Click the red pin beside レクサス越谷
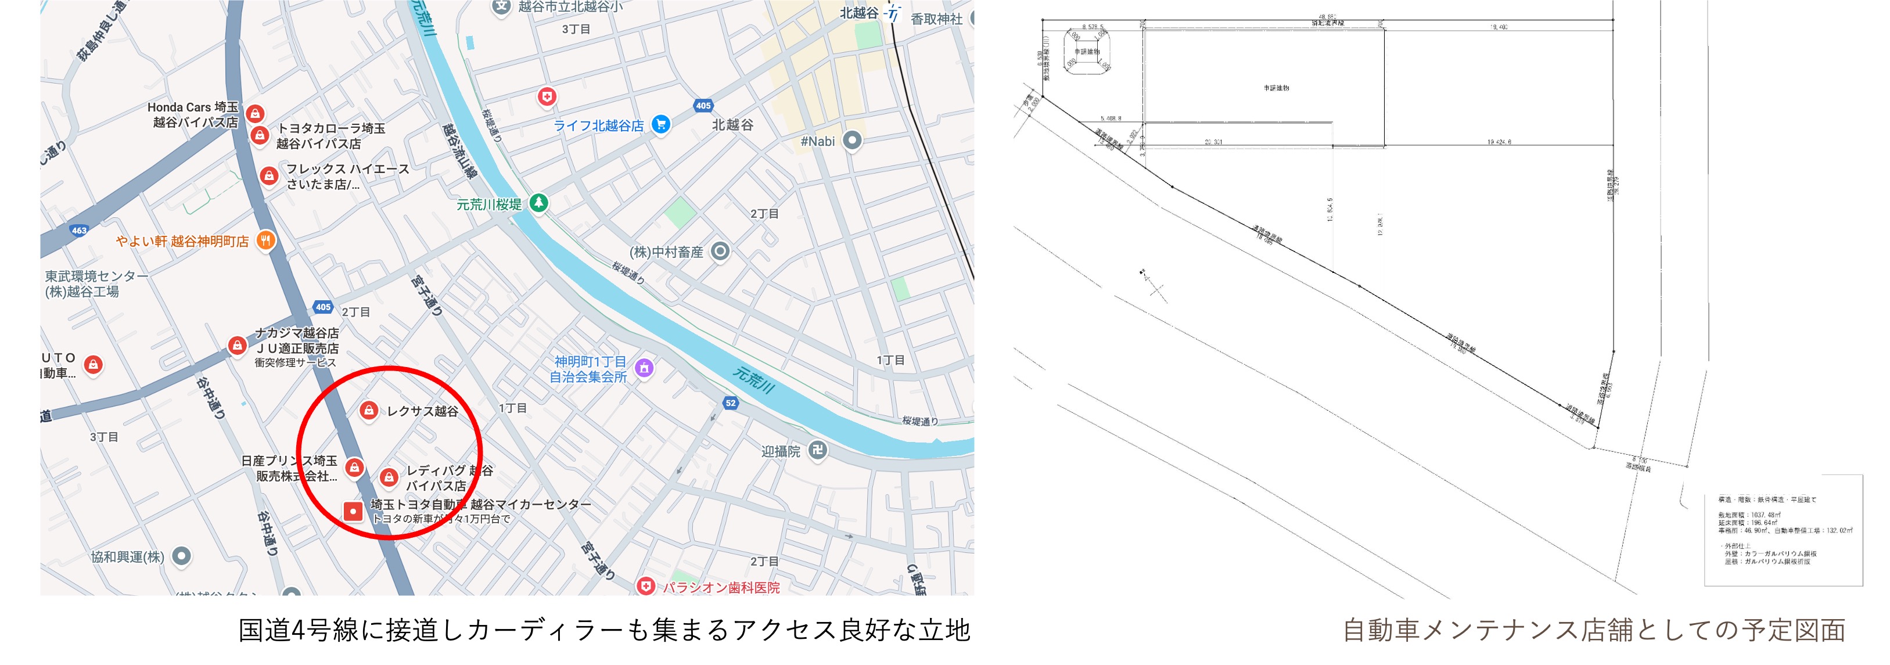tap(369, 410)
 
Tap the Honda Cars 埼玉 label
tap(193, 107)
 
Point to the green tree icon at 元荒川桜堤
tap(538, 203)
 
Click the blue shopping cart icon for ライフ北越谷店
tap(660, 124)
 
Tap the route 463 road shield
tap(79, 230)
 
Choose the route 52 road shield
tap(730, 402)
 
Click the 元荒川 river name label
tap(753, 380)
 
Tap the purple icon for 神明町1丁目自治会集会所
tap(644, 368)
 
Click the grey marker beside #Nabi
tap(852, 139)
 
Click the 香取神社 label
tap(936, 19)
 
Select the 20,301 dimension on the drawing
tap(1213, 142)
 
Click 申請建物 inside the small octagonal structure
tap(1087, 52)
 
